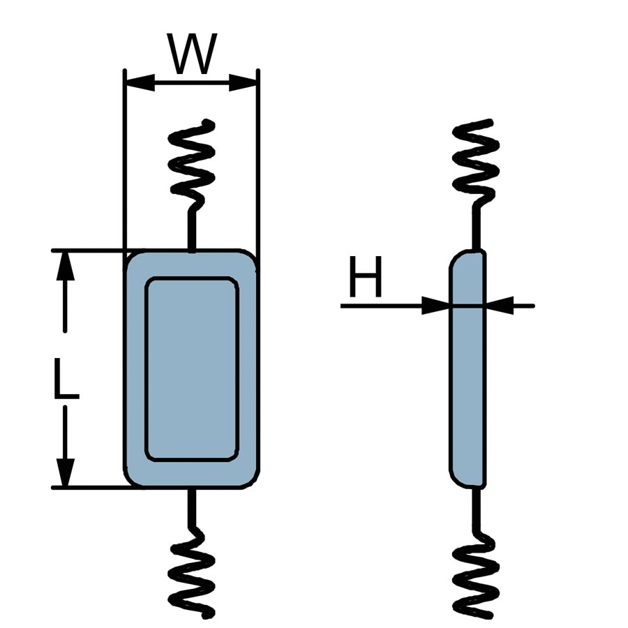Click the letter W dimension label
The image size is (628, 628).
coord(192,54)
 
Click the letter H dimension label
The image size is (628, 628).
coord(366,277)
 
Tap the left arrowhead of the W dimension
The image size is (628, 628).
coord(138,82)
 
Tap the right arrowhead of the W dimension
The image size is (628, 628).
coord(244,82)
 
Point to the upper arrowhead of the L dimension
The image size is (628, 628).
coord(65,265)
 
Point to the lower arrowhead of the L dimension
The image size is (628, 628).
coord(65,472)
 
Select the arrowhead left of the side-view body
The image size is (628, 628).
coord(435,306)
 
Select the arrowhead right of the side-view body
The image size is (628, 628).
coord(500,306)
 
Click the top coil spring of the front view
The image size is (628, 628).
coord(193,163)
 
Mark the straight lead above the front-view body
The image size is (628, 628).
coord(191,229)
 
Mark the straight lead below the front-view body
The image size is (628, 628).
coord(191,507)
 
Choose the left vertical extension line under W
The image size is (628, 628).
coord(124,160)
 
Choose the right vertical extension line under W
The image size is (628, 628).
coord(257,160)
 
